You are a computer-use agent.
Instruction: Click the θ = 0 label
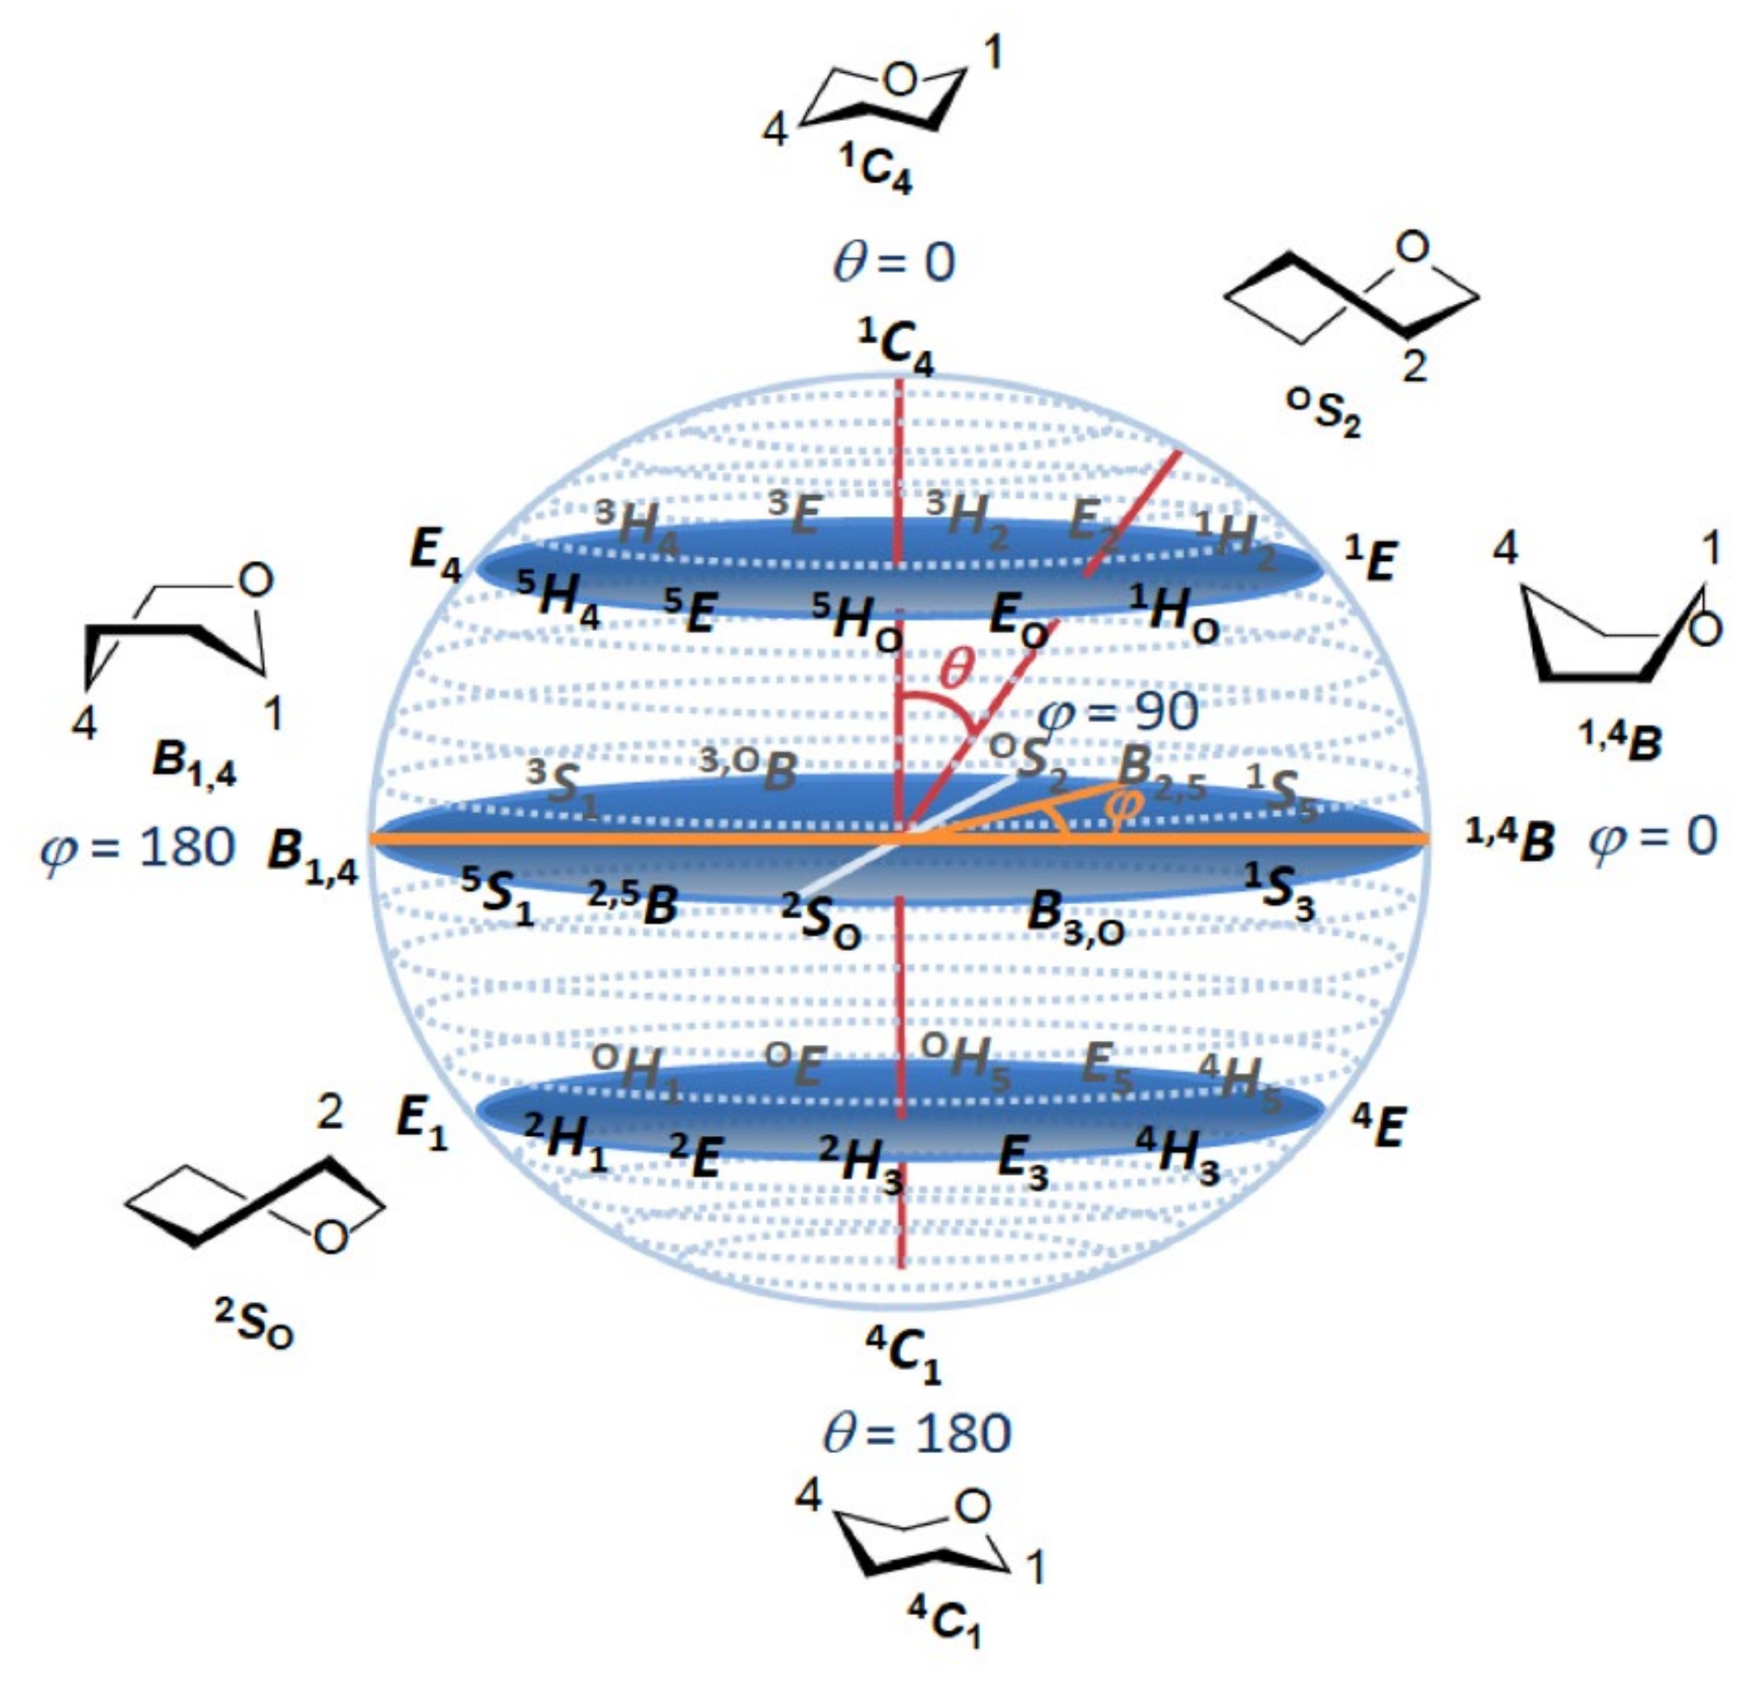coord(894,262)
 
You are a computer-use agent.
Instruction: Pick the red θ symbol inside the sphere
coord(956,667)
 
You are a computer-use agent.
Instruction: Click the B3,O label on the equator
coord(1075,919)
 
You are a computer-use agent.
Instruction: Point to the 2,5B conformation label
coord(633,903)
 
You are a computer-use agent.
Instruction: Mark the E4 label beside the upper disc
coord(435,554)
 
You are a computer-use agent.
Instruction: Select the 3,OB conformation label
coord(747,769)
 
